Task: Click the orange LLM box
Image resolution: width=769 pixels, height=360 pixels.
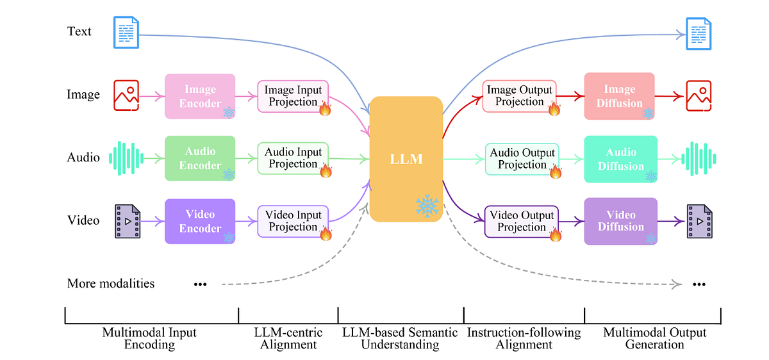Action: tap(406, 158)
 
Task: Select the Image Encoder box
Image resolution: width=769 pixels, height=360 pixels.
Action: tap(200, 96)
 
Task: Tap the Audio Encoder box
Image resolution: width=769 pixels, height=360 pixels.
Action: tap(200, 158)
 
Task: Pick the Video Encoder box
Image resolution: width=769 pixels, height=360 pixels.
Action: tap(200, 221)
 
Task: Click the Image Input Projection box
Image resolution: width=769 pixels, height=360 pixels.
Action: tap(293, 96)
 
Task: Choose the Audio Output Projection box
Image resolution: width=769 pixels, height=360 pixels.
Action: tap(522, 159)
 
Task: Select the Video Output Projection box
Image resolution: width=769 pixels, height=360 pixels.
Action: tap(521, 221)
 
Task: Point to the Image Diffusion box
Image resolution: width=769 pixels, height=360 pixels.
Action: tap(620, 96)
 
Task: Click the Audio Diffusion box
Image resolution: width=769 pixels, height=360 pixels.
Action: tap(620, 159)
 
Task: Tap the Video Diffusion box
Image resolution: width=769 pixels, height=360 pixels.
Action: tap(620, 221)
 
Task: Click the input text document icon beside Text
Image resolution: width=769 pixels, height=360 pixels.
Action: tap(126, 32)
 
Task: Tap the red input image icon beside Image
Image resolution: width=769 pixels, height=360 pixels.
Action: tap(126, 95)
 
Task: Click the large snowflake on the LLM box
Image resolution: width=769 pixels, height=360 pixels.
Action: tap(427, 206)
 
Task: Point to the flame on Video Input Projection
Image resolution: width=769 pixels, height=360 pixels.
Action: tap(326, 233)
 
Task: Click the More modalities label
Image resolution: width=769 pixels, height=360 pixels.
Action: tap(111, 283)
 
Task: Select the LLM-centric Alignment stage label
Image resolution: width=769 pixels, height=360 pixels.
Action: tap(288, 338)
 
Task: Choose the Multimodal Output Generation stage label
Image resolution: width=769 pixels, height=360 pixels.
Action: tap(654, 338)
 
